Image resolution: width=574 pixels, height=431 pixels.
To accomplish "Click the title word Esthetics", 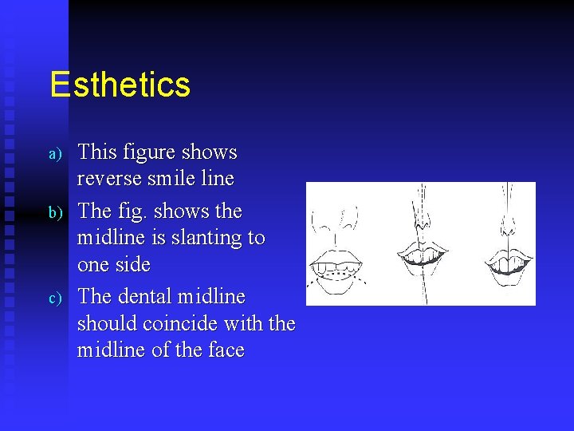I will point(120,85).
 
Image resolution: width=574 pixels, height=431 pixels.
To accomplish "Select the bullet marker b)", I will point(55,213).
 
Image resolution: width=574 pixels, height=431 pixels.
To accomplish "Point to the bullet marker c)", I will point(55,299).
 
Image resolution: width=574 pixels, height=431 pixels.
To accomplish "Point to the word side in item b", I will point(132,264).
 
